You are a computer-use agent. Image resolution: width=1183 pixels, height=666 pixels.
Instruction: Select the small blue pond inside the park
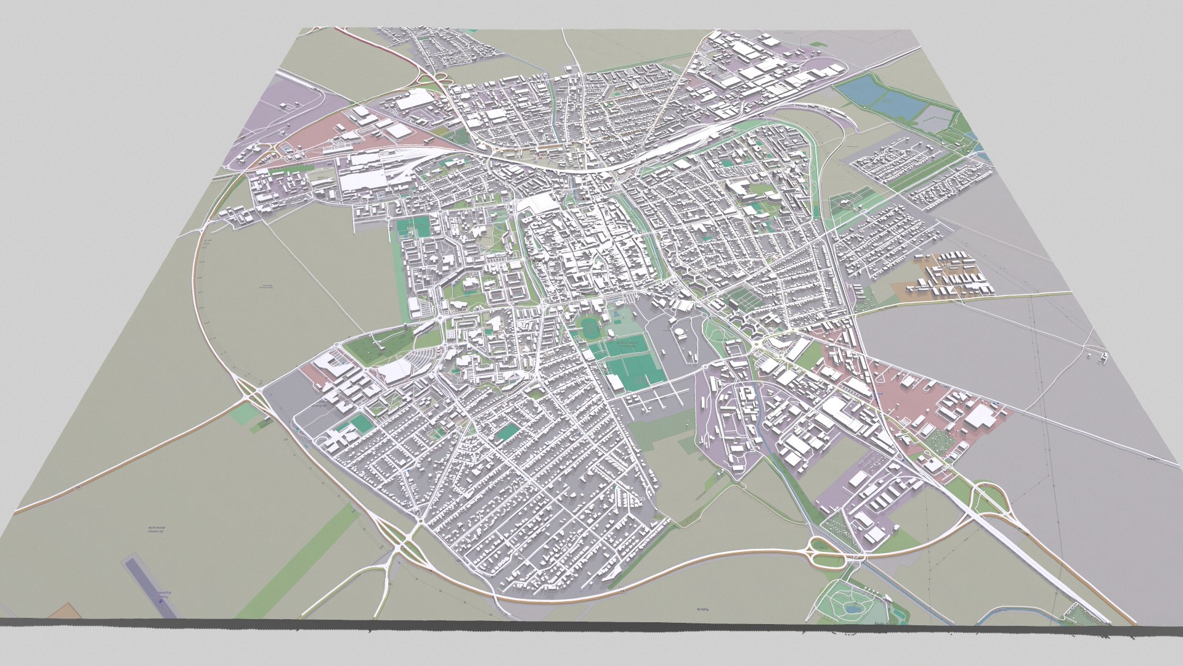point(853,609)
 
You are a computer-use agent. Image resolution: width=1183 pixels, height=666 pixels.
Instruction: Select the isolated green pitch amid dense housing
point(507,432)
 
